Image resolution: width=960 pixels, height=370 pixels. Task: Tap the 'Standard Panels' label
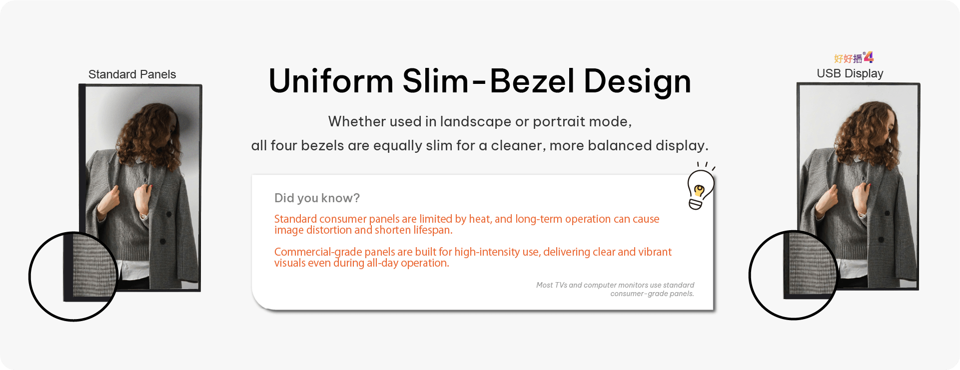click(132, 74)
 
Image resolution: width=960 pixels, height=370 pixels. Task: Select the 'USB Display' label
click(850, 73)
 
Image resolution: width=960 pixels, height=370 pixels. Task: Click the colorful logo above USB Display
click(854, 57)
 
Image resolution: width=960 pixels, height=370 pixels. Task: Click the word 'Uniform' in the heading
click(331, 81)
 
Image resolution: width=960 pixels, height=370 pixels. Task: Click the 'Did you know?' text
click(317, 198)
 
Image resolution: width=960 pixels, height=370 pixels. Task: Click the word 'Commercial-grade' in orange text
click(318, 252)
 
